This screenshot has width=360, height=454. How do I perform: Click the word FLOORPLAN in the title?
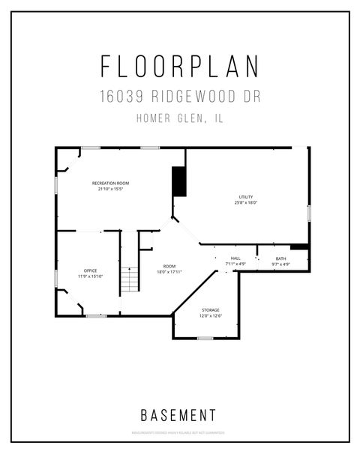(180, 67)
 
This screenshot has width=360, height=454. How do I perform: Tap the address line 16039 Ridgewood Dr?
(180, 97)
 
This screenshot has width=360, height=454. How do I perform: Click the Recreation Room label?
(110, 184)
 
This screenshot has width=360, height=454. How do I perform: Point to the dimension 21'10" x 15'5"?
(110, 189)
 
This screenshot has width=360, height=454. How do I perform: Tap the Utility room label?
(246, 197)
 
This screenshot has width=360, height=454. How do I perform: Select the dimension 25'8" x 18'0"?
(246, 202)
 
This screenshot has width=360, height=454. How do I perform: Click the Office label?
(90, 270)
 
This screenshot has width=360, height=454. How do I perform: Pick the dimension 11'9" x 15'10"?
(90, 276)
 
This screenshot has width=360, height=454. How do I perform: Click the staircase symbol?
(130, 279)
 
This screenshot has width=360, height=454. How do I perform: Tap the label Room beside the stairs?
(169, 267)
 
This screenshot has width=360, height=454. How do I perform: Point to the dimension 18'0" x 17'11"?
(169, 272)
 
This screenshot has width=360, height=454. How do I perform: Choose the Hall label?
(235, 258)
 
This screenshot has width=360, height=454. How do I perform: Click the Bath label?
(280, 258)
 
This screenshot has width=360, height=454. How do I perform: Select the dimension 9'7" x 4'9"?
(280, 264)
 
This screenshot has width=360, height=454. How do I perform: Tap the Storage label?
(210, 309)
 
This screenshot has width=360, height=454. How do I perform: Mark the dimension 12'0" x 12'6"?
(210, 315)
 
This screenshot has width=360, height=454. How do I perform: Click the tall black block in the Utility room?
(179, 181)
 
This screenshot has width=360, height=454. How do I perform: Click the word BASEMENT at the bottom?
(180, 414)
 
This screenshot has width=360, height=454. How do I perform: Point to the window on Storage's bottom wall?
(205, 338)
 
